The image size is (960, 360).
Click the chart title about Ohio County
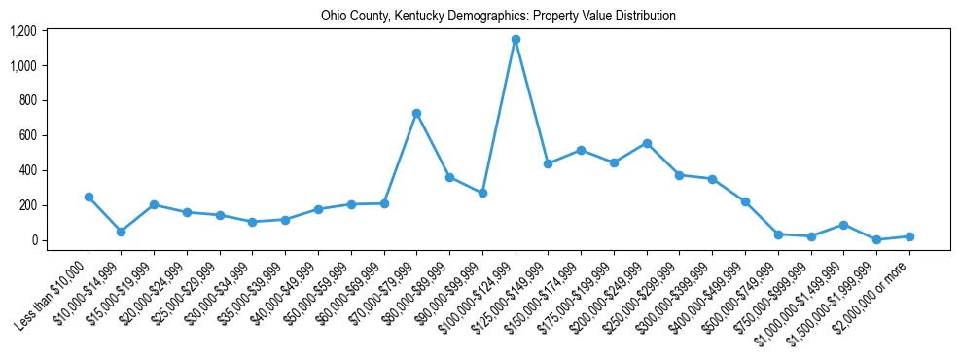498,16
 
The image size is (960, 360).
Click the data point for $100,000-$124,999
516,40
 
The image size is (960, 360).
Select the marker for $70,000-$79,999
416,113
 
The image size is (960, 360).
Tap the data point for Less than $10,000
89,197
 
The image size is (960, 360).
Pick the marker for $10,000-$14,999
121,232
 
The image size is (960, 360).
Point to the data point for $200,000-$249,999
646,143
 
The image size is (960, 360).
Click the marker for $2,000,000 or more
909,236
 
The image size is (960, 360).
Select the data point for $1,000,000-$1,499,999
843,225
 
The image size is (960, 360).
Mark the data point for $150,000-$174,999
581,150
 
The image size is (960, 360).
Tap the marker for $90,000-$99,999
482,193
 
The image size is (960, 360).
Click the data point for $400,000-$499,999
745,201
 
